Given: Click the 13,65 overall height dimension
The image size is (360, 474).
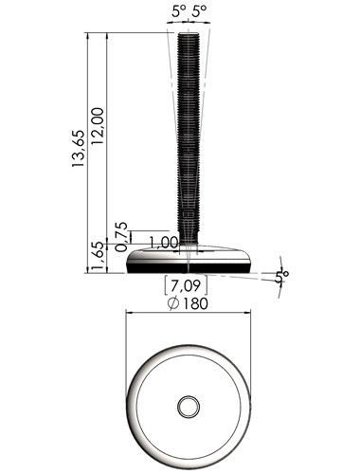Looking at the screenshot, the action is tap(79, 148).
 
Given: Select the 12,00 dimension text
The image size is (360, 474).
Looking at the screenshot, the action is tap(98, 126).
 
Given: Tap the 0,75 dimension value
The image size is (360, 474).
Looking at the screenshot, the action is tap(121, 237).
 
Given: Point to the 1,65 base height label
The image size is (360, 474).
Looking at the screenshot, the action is tap(98, 257).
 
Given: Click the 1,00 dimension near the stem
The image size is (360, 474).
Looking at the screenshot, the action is tap(163, 243).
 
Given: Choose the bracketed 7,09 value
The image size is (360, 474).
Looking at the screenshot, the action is tap(186, 285).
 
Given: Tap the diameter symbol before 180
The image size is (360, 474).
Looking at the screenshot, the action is tap(173, 304).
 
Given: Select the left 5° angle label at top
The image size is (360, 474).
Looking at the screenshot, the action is tap(179, 12).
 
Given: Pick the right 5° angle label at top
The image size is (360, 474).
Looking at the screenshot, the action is tap(200, 12).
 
